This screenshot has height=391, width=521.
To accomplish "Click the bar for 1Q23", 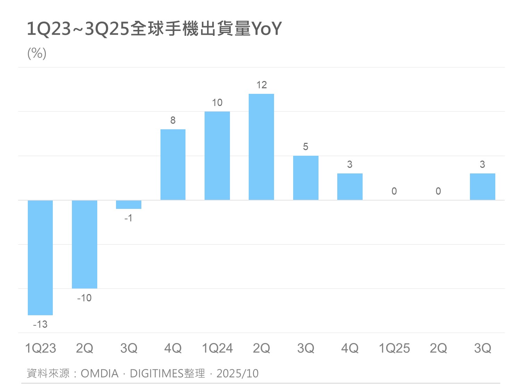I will coord(40,258).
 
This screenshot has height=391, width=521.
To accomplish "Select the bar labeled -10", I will coord(84,244).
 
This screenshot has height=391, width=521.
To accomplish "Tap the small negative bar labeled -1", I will coord(129,204).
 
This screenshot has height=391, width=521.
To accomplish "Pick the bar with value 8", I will coord(173,165).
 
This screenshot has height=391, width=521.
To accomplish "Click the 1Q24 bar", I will coord(217,156).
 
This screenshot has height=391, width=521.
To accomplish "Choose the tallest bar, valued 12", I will coord(261,147).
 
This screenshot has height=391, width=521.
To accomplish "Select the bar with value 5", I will coord(306,178).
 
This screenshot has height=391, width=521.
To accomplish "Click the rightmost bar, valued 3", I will coord(482,187).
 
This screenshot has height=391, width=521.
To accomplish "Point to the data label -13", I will coord(40,324).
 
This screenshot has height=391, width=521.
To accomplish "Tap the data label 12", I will coord(261,85).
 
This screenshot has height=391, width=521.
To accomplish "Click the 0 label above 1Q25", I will coord(394,191).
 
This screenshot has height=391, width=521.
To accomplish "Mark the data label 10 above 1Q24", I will coord(217,103).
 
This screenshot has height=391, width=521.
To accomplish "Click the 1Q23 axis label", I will coord(40,348).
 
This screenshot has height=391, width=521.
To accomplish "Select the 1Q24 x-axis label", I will coord(217,348).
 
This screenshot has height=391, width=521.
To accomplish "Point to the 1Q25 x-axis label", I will coord(394,348).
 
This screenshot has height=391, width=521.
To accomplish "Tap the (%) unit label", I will coord(37,53).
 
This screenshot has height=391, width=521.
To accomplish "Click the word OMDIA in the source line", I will coord(100,373).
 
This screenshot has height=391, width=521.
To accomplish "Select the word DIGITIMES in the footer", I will coord(157,373).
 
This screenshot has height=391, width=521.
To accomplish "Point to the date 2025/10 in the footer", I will coord(238,373).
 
